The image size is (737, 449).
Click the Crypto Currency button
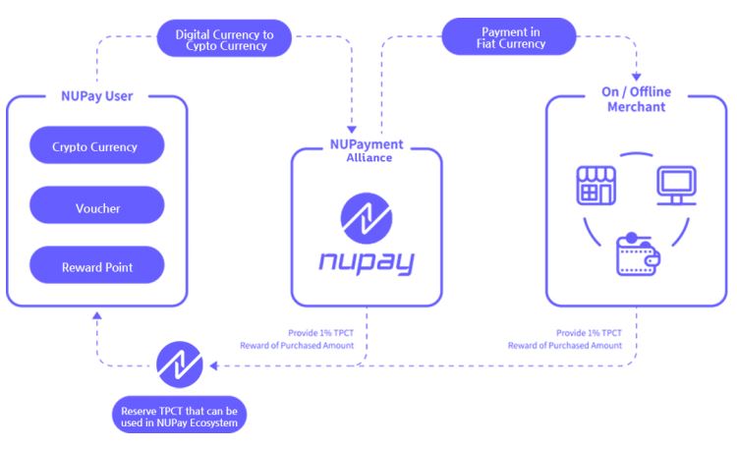pos(95,146)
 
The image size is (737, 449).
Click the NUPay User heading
pos(96,96)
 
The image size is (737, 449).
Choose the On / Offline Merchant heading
pos(636,100)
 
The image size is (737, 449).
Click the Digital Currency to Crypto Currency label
pos(226,39)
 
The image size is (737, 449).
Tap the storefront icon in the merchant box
pos(595,186)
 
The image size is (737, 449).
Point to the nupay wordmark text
pos(367,262)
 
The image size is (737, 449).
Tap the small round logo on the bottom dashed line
pos(180,366)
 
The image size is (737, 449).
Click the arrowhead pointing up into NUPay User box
pos(94,318)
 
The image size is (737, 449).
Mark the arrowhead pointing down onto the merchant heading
pos(636,76)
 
